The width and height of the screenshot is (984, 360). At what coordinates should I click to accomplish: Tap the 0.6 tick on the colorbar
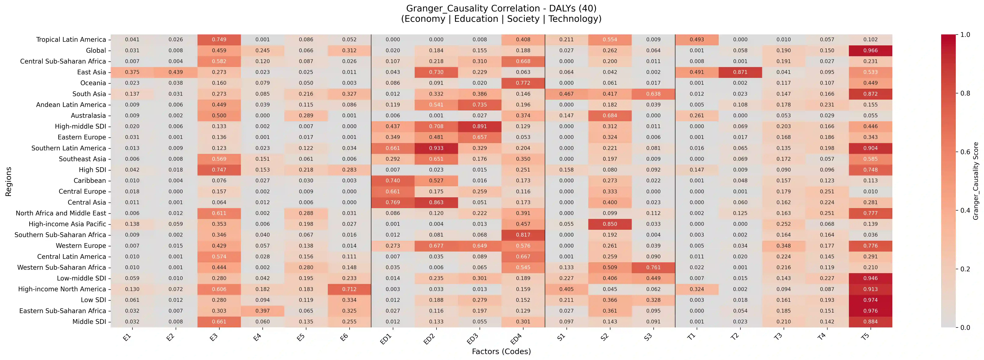tap(965, 152)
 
